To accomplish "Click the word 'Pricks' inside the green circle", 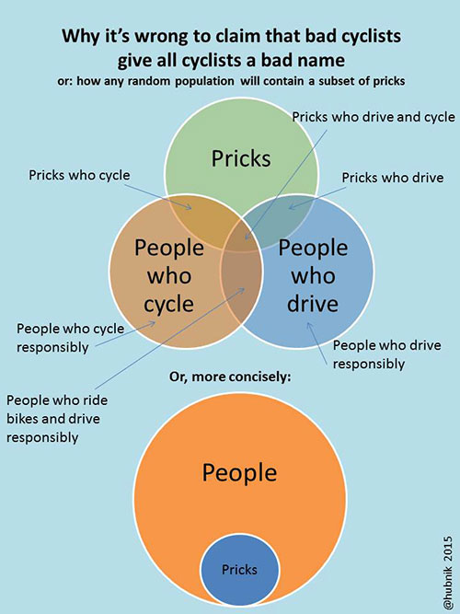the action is (x=241, y=158).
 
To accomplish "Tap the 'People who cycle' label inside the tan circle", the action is (x=169, y=276).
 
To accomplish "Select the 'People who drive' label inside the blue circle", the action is (x=313, y=276).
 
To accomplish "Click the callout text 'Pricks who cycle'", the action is (x=79, y=175).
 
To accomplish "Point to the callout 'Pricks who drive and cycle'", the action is (x=374, y=117).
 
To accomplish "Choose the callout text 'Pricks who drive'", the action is (x=393, y=178).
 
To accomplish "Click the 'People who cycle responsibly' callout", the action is (x=70, y=338).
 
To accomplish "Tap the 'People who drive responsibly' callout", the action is (x=386, y=354).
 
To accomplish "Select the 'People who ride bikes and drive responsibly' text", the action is (x=57, y=419).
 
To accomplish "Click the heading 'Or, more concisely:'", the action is (x=230, y=377).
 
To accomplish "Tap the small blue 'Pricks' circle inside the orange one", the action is (x=239, y=570).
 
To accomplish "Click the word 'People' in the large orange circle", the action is (x=239, y=472).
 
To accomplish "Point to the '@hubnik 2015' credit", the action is (x=448, y=573).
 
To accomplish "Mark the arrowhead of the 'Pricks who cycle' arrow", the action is (x=190, y=207).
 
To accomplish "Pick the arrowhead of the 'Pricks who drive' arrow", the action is (x=291, y=207).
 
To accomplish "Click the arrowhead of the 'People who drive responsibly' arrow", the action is (x=309, y=325).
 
